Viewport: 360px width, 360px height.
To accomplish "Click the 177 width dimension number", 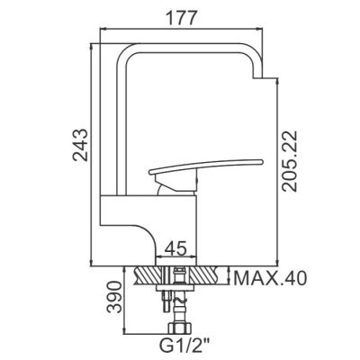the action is click(181, 18).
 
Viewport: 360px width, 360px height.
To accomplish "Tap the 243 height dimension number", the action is click(81, 145).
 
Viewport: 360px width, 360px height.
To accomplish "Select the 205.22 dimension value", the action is click(290, 161).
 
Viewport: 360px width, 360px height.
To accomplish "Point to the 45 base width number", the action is click(176, 248).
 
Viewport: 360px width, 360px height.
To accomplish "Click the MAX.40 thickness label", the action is click(270, 278).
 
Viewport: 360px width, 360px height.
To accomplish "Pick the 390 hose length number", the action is click(115, 297).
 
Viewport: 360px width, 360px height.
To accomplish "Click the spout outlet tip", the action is click(258, 77).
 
